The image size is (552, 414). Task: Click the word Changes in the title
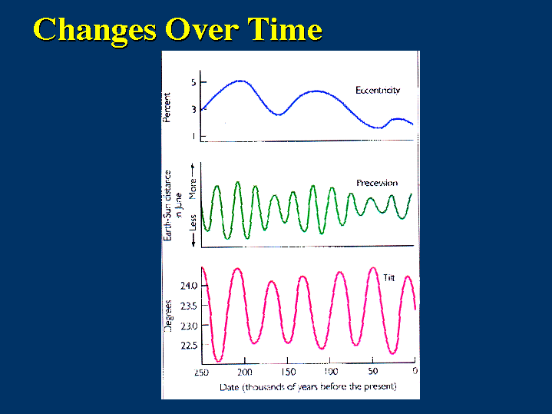click(x=91, y=29)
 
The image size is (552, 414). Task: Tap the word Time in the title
click(x=283, y=29)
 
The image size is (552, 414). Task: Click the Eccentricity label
click(x=378, y=91)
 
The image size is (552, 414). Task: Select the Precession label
click(x=377, y=183)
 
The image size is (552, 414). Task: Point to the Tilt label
click(x=388, y=278)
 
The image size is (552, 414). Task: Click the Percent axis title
click(x=167, y=108)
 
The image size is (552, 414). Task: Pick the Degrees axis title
click(x=168, y=316)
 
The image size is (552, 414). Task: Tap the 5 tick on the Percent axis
click(x=193, y=82)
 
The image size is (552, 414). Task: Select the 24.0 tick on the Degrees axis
click(x=189, y=286)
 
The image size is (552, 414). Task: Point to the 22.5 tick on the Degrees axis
click(x=189, y=346)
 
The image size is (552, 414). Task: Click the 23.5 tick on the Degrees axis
click(x=189, y=306)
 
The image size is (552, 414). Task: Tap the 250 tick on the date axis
click(x=201, y=372)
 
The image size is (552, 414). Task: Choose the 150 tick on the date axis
click(x=286, y=372)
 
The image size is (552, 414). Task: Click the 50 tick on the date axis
click(x=372, y=372)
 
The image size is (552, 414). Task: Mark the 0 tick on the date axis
click(x=414, y=372)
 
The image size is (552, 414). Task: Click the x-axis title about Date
click(x=307, y=386)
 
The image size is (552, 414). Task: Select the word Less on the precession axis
click(x=193, y=222)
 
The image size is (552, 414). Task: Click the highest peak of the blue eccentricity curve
click(x=241, y=81)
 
